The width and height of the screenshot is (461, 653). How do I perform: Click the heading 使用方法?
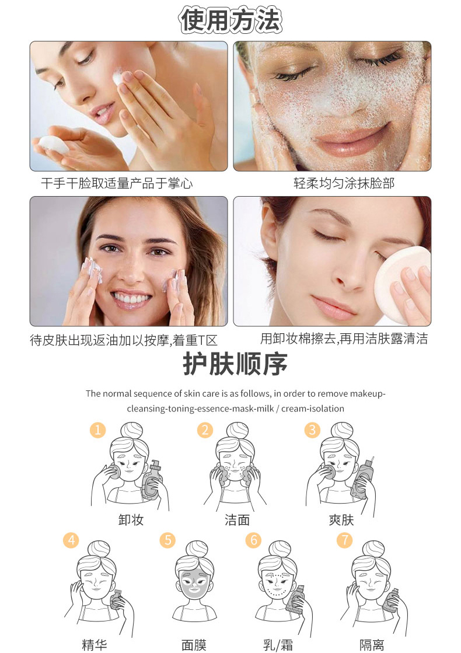tap(230, 20)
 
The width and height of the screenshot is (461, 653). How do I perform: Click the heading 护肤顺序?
tap(235, 364)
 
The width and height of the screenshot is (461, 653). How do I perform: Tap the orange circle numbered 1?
tap(98, 429)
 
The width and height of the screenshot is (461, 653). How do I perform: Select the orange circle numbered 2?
tap(205, 429)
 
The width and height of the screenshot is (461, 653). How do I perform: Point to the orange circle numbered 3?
tap(312, 429)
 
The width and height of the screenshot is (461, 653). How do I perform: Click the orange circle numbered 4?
tap(71, 540)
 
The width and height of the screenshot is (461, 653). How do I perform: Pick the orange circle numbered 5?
tap(167, 540)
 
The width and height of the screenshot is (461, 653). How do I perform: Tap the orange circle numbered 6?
tap(253, 540)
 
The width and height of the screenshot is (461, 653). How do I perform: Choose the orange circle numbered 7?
tap(344, 540)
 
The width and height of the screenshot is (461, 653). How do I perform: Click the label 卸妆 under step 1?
tap(131, 520)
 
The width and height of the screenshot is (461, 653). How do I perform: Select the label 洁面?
tap(238, 520)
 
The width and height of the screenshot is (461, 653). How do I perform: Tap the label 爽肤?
tap(341, 520)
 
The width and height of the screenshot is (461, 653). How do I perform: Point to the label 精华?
tap(95, 645)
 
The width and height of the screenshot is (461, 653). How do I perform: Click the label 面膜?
tap(194, 645)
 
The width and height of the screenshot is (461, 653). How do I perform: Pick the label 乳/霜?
tap(278, 645)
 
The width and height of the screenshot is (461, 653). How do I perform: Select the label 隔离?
tap(372, 645)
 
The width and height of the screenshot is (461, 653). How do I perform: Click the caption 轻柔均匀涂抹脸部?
tap(344, 183)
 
